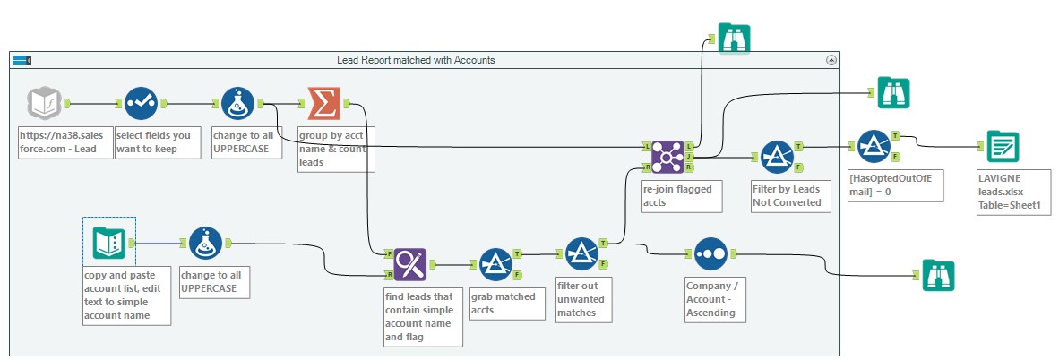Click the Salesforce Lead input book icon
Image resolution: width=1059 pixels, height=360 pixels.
[46, 103]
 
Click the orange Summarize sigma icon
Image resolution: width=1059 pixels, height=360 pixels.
[323, 103]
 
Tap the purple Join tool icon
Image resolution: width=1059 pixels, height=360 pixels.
[668, 156]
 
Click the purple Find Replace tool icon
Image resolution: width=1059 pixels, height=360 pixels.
[409, 264]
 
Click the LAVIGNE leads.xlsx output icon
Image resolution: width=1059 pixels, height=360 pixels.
[1003, 146]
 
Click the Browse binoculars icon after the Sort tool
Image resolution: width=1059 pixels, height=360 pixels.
[938, 275]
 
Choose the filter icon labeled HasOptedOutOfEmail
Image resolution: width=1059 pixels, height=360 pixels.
[872, 146]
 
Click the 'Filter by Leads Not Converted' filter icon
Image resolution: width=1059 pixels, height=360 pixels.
[776, 157]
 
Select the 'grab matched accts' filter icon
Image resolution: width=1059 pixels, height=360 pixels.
[495, 264]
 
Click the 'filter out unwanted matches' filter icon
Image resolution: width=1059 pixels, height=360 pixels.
[581, 253]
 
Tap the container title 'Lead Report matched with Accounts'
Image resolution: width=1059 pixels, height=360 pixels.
[415, 60]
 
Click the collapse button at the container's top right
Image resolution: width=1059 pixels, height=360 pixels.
[831, 60]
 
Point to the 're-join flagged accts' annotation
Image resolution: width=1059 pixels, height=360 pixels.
[681, 197]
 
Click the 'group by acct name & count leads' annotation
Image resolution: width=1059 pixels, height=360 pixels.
[337, 149]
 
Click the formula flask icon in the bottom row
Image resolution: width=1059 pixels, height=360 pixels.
[205, 243]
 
